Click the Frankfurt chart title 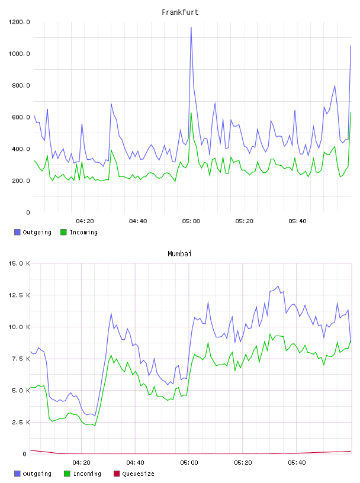(180, 12)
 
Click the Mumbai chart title (179, 253)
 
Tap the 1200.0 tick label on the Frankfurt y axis (19, 22)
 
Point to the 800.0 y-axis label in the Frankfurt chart (21, 85)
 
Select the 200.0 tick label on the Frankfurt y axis (21, 181)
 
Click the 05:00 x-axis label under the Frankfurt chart (191, 221)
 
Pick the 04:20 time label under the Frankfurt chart (85, 221)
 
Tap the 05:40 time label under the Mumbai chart (297, 462)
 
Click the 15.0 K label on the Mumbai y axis (19, 263)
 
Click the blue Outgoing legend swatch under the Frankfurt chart (17, 232)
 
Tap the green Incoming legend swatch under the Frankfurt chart (63, 232)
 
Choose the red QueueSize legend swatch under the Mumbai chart (117, 474)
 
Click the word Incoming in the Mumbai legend (87, 474)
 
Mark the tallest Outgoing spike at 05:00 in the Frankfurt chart (191, 27)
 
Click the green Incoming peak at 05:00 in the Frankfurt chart (191, 112)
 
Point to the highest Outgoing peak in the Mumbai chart (278, 286)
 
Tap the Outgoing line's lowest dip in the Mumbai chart (95, 416)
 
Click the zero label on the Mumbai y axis (25, 454)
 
